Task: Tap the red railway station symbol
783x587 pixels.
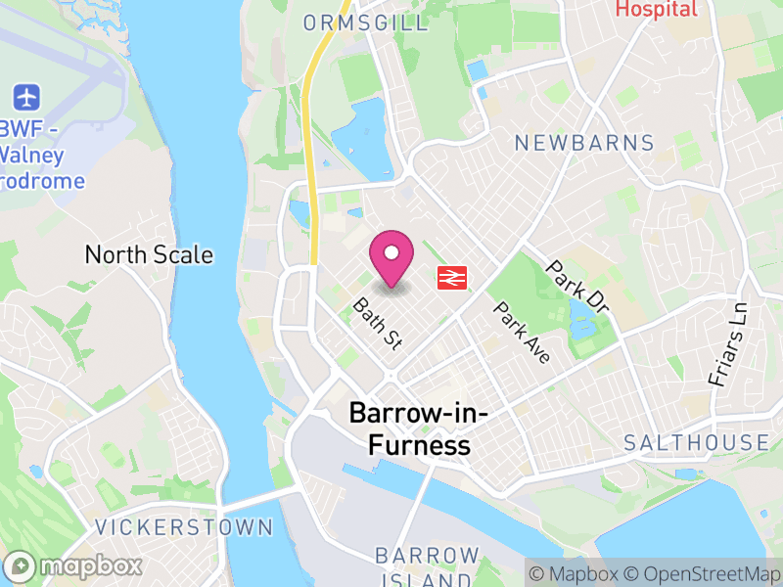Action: (x=450, y=277)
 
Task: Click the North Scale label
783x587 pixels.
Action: (x=149, y=255)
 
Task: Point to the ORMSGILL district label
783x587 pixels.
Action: (x=366, y=23)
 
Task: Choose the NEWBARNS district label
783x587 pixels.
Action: (x=584, y=143)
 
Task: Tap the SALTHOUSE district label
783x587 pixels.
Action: (x=697, y=442)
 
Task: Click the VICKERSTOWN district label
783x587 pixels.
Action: (x=184, y=527)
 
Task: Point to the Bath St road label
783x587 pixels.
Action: (x=378, y=324)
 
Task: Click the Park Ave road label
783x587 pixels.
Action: (x=523, y=333)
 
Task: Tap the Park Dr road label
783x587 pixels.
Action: (x=578, y=287)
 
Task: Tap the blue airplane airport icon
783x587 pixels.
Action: (x=26, y=98)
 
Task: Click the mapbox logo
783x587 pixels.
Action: (x=74, y=565)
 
